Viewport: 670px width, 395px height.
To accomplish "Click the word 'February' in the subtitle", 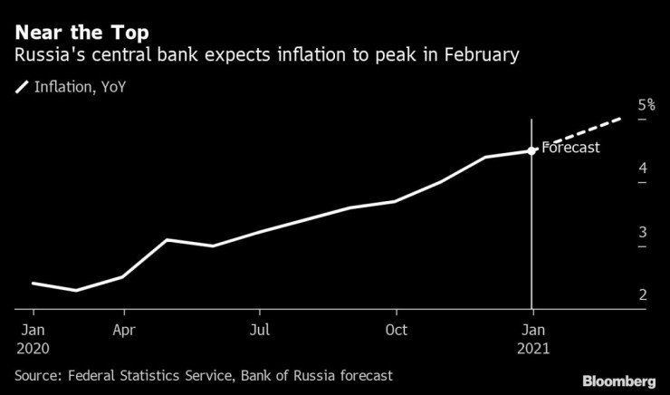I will (483, 56).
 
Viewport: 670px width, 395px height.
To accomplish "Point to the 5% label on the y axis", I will (621, 105).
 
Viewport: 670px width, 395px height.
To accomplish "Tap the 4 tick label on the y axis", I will (617, 169).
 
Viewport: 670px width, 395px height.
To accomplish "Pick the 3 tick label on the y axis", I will (617, 232).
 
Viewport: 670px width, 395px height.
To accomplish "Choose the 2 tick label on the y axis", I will (617, 295).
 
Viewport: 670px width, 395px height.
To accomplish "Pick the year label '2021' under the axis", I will (532, 347).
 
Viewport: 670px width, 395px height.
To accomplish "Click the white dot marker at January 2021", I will (531, 151).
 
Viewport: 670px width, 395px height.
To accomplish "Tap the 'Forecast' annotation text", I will (570, 148).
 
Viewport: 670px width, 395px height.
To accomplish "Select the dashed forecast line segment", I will (579, 133).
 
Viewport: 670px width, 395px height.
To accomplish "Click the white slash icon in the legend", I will (22, 87).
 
